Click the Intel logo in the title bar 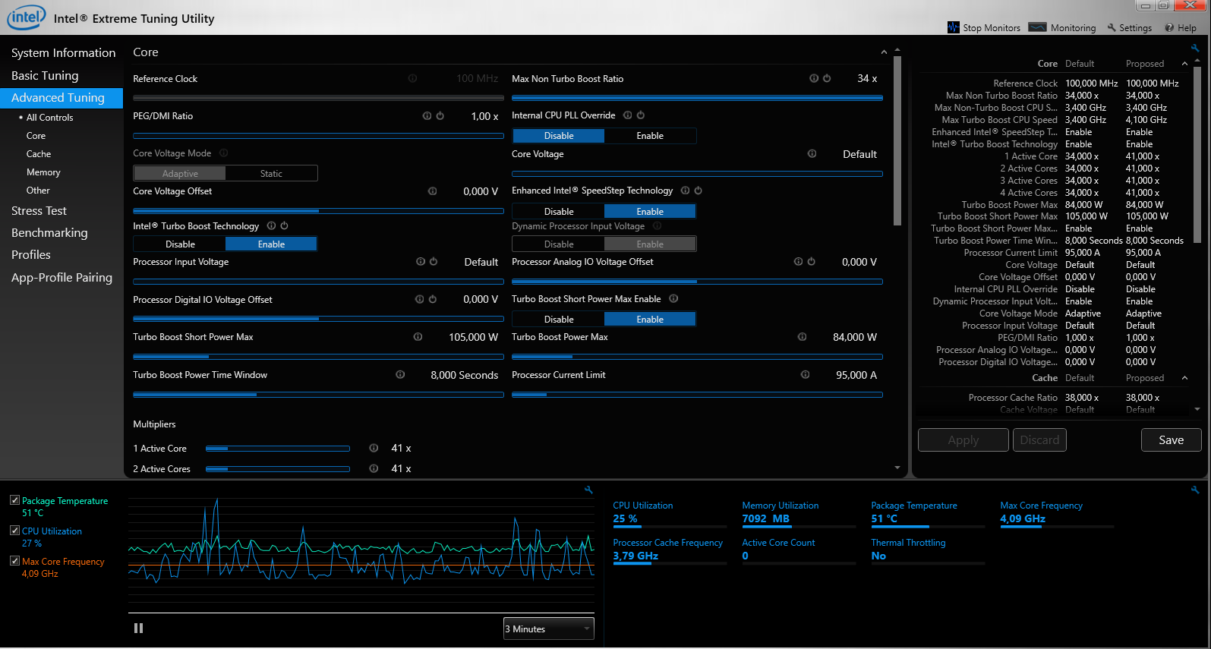pos(26,17)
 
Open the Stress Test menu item pos(39,211)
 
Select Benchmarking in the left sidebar pos(49,233)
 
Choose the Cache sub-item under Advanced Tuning pos(39,154)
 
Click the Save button pos(1171,439)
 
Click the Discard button pos(1039,439)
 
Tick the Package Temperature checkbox pos(15,500)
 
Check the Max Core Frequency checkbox pos(15,561)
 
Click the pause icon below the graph pos(138,628)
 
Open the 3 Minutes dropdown pos(548,629)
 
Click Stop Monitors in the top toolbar pos(984,27)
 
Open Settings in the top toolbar pos(1129,27)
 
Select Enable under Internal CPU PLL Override pos(650,136)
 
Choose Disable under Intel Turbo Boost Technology pos(180,244)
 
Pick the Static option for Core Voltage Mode pos(271,174)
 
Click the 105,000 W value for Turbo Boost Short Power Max pos(473,337)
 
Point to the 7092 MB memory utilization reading pos(765,518)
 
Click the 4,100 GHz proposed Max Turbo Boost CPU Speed pos(1146,120)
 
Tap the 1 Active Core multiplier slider pos(278,449)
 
